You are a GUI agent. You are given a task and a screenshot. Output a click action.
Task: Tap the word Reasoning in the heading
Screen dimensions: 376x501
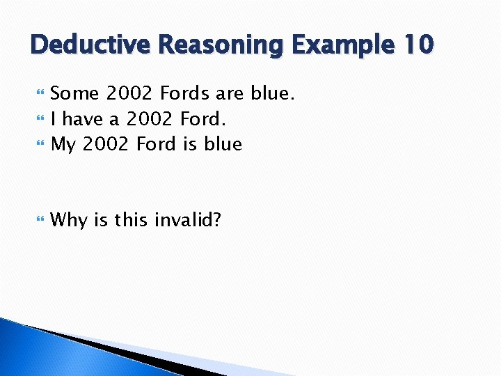click(x=221, y=45)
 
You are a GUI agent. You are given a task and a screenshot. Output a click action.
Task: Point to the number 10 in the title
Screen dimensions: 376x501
click(x=418, y=45)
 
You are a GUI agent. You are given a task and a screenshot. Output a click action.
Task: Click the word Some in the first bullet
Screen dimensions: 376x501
click(x=75, y=93)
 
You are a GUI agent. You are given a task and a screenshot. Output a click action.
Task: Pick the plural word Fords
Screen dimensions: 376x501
click(x=186, y=93)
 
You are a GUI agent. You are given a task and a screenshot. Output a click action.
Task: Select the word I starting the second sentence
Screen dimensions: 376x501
click(x=54, y=118)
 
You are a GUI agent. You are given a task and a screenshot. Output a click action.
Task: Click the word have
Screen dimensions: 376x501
click(x=84, y=118)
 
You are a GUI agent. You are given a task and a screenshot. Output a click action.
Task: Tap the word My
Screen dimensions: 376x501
click(x=64, y=144)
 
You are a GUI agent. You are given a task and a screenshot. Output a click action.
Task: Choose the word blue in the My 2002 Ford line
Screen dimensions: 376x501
click(x=223, y=144)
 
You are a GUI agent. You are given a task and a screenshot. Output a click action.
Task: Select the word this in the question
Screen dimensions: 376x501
click(x=133, y=221)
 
